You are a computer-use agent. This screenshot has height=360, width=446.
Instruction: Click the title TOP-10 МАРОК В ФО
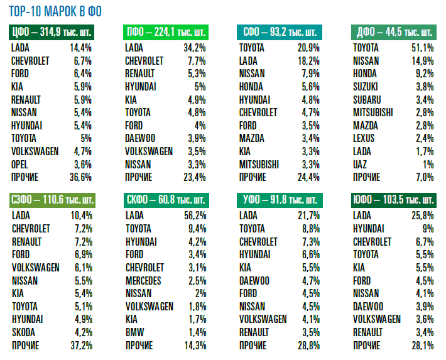(55, 11)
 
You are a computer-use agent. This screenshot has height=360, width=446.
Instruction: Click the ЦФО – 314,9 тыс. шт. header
(51, 33)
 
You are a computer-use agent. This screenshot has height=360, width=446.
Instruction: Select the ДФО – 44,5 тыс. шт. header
(393, 33)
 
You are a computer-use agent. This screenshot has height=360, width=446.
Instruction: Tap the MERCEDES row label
(143, 280)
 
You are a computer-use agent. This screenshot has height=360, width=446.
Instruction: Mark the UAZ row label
(361, 164)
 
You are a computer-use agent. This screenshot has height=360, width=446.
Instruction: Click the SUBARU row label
(368, 99)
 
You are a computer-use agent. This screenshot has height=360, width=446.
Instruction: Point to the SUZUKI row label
(367, 87)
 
